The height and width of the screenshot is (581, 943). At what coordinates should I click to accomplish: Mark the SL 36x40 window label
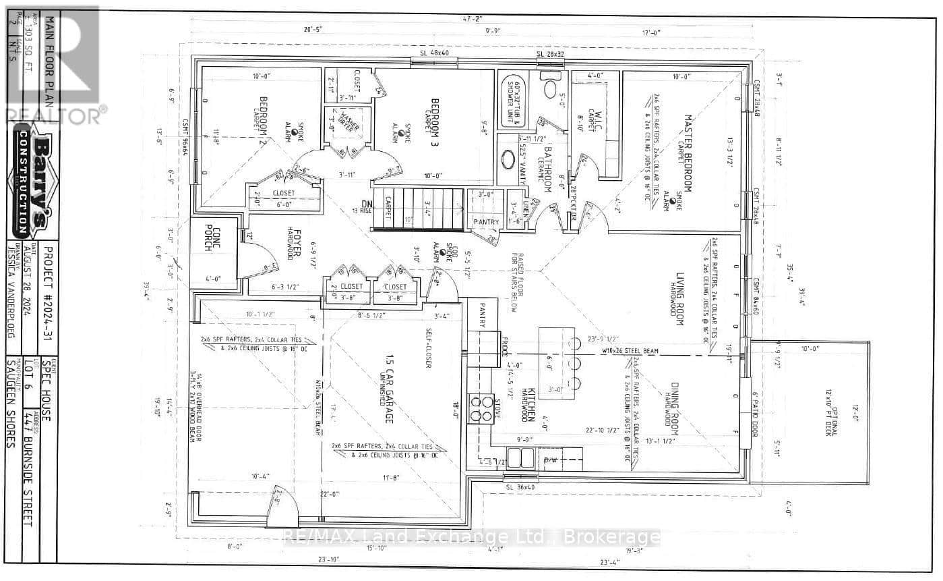(520, 487)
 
